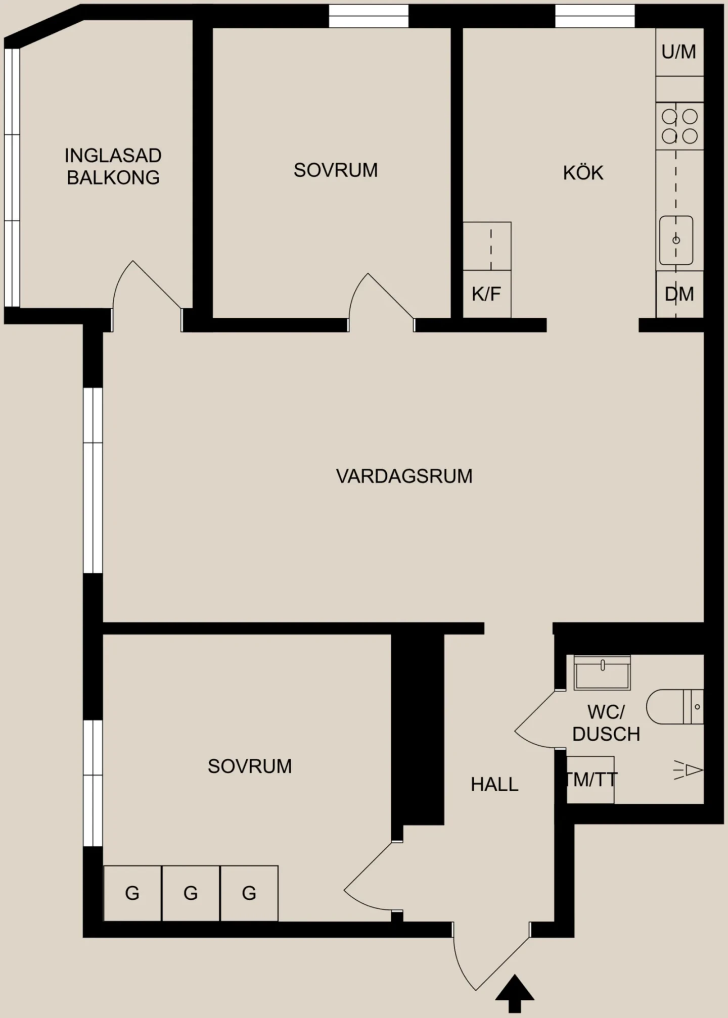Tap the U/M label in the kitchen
(678, 52)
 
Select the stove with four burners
(680, 126)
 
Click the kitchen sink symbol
(676, 240)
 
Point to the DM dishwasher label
(679, 294)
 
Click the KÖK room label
(583, 173)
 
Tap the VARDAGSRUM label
(404, 476)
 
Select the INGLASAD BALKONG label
(113, 166)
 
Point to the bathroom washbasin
(602, 672)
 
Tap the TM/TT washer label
(590, 780)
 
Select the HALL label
(494, 784)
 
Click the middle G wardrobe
(191, 893)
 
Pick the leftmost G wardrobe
(132, 893)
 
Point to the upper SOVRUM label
(336, 170)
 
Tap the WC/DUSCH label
(606, 723)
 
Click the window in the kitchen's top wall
(595, 16)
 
